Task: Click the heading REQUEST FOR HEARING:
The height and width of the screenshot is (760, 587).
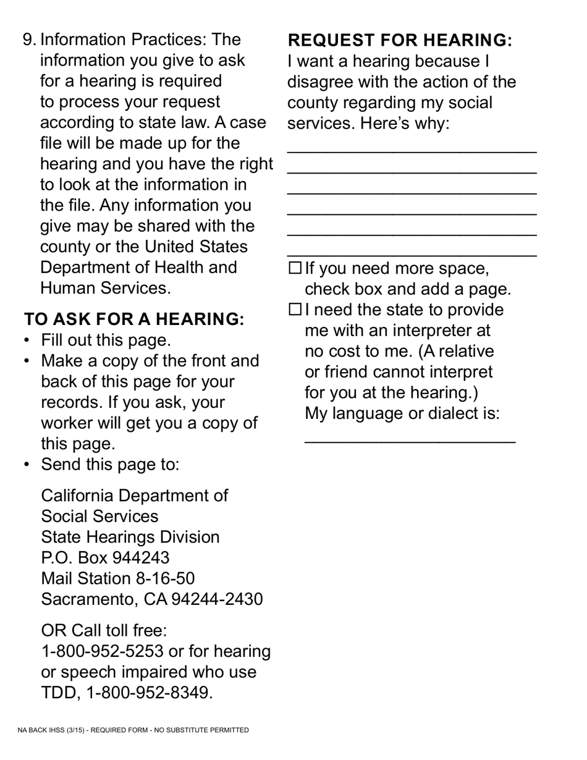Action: click(400, 41)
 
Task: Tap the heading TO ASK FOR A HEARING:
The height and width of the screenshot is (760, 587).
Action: click(134, 319)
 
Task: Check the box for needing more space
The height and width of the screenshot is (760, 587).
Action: click(295, 268)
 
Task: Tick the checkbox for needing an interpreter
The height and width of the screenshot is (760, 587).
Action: click(295, 310)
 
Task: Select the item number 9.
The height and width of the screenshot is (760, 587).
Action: click(29, 40)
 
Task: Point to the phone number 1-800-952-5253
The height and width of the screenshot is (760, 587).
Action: click(103, 651)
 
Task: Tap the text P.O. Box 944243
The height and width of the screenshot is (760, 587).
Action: click(105, 558)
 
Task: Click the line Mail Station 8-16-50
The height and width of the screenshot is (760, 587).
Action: click(117, 578)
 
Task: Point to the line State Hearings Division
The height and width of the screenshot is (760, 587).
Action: click(130, 537)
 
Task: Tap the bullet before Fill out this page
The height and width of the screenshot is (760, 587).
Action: click(26, 341)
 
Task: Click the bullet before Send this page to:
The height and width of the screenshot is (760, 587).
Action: click(26, 465)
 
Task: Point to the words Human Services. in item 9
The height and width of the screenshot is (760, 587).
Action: click(105, 289)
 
